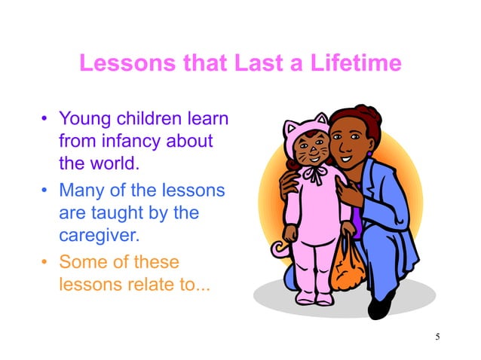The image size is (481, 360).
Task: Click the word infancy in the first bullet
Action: [133, 141]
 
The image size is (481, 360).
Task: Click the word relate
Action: [149, 284]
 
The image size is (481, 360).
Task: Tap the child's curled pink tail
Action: [280, 249]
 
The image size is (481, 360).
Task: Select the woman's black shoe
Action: [381, 304]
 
